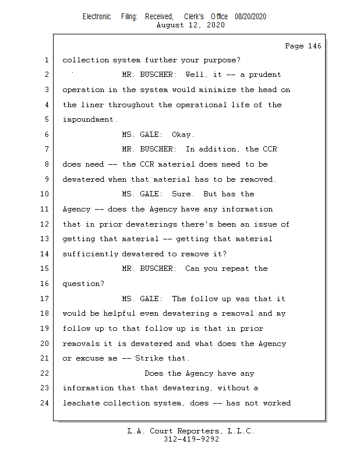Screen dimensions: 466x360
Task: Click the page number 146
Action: (x=313, y=46)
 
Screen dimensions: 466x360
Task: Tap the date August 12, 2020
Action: (x=190, y=25)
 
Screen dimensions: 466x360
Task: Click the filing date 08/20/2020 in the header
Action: (x=250, y=17)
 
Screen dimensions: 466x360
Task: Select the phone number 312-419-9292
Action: (x=190, y=439)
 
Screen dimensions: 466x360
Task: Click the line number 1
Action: (x=45, y=60)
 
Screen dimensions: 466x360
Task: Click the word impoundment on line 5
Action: (x=89, y=120)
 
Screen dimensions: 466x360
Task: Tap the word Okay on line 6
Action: (x=182, y=135)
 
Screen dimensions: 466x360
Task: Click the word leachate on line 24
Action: (x=80, y=403)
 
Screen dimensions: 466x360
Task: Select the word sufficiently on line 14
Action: (x=90, y=254)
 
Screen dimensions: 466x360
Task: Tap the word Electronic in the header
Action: (x=97, y=17)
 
